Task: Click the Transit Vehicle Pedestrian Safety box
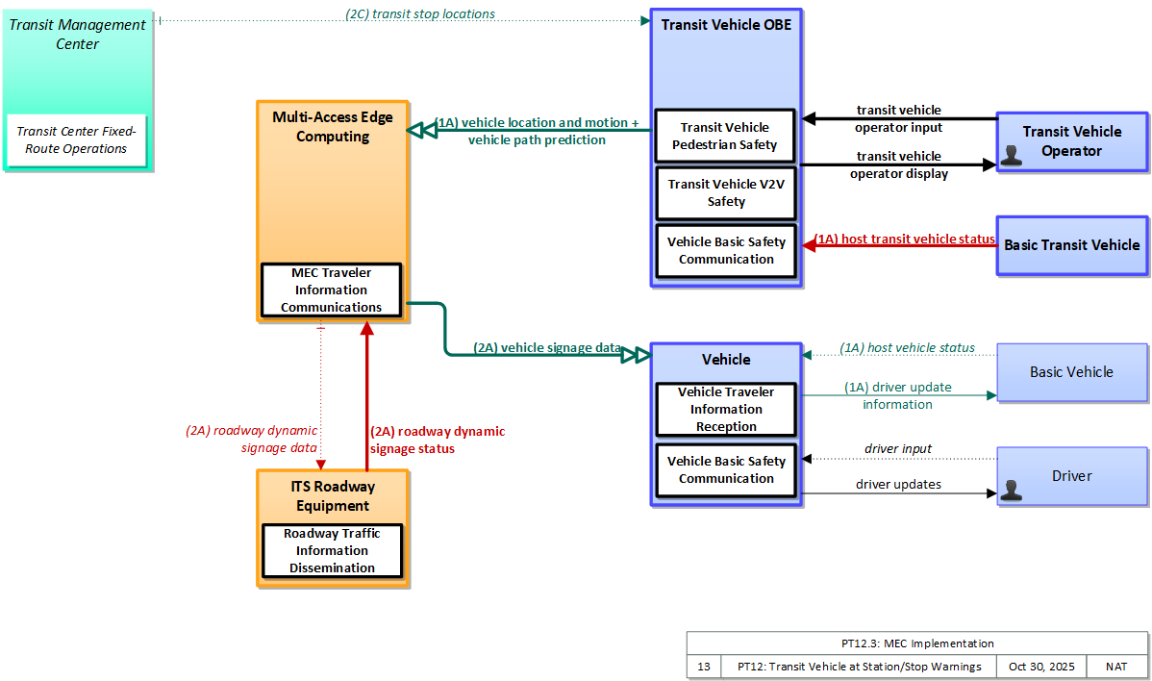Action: (x=725, y=136)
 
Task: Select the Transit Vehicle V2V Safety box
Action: (x=726, y=193)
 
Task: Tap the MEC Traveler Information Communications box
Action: (x=332, y=290)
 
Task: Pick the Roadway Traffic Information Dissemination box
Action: (x=332, y=551)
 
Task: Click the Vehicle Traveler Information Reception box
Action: (x=726, y=409)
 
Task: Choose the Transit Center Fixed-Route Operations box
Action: (x=76, y=140)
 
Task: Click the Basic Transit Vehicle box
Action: (x=1072, y=245)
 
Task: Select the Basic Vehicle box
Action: (x=1072, y=372)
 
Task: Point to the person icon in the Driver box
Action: (x=1012, y=490)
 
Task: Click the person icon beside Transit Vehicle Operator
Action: (x=1012, y=155)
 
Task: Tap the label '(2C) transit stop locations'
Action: (x=420, y=14)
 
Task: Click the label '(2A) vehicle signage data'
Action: (x=547, y=347)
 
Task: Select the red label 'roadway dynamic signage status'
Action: (x=438, y=440)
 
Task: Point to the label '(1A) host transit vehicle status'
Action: (x=905, y=239)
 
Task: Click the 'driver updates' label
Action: (x=898, y=484)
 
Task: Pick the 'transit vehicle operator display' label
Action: (x=899, y=164)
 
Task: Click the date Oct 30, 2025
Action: (x=1041, y=667)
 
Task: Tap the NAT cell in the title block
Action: (x=1116, y=667)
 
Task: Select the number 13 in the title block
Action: (x=704, y=667)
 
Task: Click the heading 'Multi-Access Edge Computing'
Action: (x=333, y=126)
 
